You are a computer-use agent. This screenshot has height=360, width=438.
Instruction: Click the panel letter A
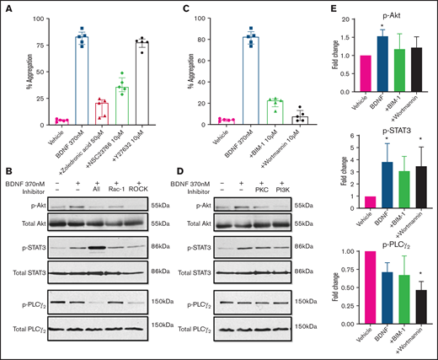[x=7, y=9]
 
